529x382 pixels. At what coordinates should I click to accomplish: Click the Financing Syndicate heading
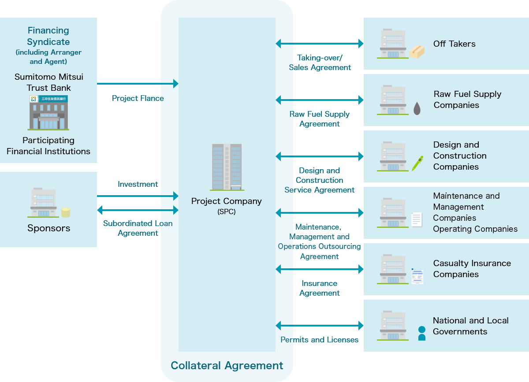tap(48, 36)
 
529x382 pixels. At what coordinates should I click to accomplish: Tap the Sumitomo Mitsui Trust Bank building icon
tap(48, 112)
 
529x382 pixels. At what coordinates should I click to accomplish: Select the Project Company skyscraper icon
tap(227, 167)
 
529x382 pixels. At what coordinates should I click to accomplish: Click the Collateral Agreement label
tap(227, 365)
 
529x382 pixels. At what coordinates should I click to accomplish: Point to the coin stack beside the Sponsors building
tap(66, 212)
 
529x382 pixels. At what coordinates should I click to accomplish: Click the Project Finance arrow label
tap(138, 98)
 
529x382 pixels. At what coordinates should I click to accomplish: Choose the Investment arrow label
tap(138, 184)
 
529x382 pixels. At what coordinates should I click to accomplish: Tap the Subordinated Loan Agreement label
tap(138, 228)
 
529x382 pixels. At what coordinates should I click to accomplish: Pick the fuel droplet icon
tap(417, 108)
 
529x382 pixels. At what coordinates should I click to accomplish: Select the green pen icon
tap(417, 163)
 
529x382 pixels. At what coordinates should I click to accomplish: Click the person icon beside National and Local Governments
tap(422, 333)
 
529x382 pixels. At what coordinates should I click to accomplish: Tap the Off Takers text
tap(454, 44)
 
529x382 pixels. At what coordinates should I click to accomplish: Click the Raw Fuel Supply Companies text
tap(467, 100)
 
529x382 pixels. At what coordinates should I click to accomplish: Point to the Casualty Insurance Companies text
tap(472, 269)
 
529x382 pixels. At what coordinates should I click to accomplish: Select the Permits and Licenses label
tap(319, 340)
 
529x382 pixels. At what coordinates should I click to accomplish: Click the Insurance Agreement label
tap(319, 288)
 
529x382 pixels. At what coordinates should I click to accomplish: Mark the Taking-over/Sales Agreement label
tap(320, 63)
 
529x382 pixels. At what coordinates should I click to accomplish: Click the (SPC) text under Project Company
tap(227, 211)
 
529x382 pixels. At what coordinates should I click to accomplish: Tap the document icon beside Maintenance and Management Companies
tap(417, 219)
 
